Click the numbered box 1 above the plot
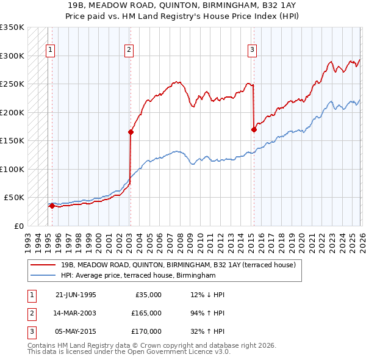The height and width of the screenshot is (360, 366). click(x=49, y=51)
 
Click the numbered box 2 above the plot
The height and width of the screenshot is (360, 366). click(x=129, y=51)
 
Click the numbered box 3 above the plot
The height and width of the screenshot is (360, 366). click(x=252, y=51)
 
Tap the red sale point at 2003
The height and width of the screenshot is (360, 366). click(x=131, y=131)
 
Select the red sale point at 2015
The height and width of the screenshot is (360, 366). click(x=253, y=129)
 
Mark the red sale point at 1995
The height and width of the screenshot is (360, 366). click(x=52, y=206)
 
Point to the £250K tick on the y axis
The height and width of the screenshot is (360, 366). click(x=12, y=84)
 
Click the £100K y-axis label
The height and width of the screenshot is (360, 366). click(x=12, y=169)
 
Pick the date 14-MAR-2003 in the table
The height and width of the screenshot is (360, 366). click(x=75, y=313)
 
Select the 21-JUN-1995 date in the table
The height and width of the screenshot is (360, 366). click(x=75, y=295)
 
